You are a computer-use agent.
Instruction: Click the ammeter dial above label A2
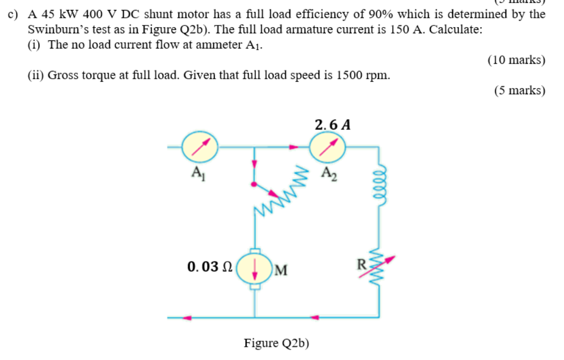click(x=327, y=147)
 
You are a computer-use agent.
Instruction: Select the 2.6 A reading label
click(x=332, y=125)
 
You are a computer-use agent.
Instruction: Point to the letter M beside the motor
click(x=280, y=271)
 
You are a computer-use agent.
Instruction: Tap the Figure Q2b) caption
click(x=276, y=343)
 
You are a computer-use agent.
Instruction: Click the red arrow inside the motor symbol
click(x=254, y=270)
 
